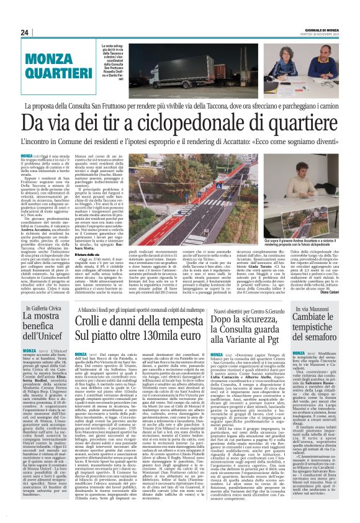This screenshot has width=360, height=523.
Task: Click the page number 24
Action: (25, 32)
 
